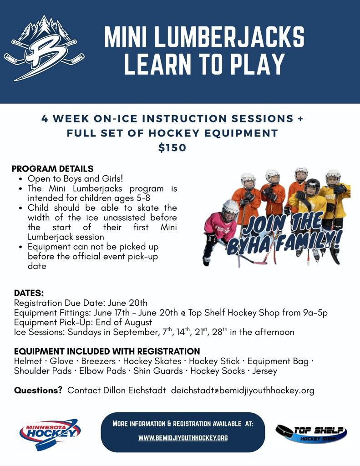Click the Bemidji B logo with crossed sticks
coord(44,48)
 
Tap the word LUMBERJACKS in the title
coord(230,37)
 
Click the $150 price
coord(172,148)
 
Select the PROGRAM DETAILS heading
coord(52,169)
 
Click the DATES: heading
coord(29,294)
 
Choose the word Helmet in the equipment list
coord(28,361)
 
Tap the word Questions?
coord(38,390)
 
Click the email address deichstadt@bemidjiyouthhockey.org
coord(243,390)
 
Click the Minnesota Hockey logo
coord(49,434)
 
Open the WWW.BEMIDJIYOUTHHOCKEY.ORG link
coord(183,438)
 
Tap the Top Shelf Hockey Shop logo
coord(311,434)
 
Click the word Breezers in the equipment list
coord(98,361)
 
